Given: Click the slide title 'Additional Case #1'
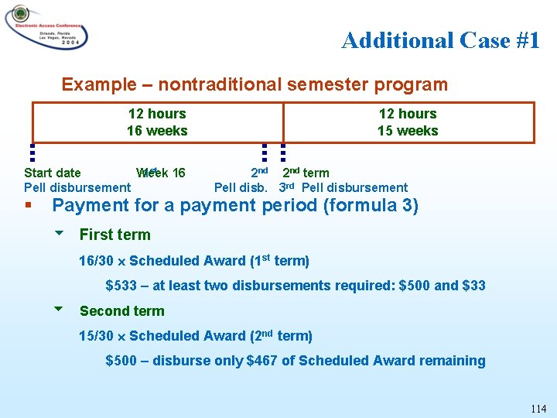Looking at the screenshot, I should [x=440, y=40].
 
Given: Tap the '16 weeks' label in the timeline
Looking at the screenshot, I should [x=157, y=131].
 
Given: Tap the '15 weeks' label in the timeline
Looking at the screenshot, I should [x=407, y=131].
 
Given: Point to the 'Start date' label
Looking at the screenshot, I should [x=53, y=173].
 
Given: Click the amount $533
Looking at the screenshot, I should [x=121, y=286].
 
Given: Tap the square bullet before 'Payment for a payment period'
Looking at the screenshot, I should [x=28, y=206].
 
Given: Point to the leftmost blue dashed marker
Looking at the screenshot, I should [x=33, y=155].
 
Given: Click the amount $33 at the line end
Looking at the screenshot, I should [x=473, y=286].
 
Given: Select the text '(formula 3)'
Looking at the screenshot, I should [x=378, y=206].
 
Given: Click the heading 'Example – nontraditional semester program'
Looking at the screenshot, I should [x=255, y=84].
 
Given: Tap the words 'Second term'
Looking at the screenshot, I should [x=122, y=311].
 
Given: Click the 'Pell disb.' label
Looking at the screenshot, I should [x=241, y=187].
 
